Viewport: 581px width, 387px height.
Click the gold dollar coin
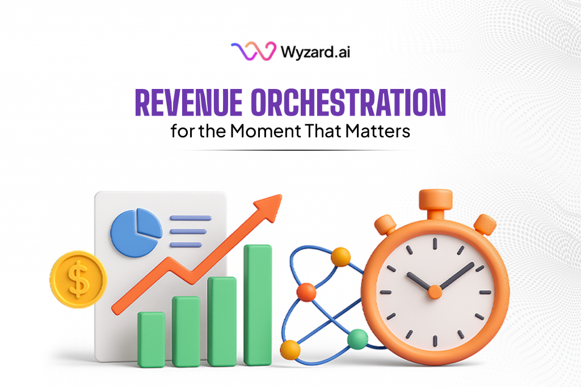78,279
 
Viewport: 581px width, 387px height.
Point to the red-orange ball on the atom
306,292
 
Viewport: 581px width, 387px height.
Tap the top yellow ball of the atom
340,257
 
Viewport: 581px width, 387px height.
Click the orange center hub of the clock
435,292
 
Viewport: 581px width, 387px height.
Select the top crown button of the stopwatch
436,200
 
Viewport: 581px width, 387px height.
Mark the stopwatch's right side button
485,224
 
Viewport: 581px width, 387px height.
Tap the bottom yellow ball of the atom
290,349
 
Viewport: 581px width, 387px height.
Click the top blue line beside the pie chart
190,218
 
